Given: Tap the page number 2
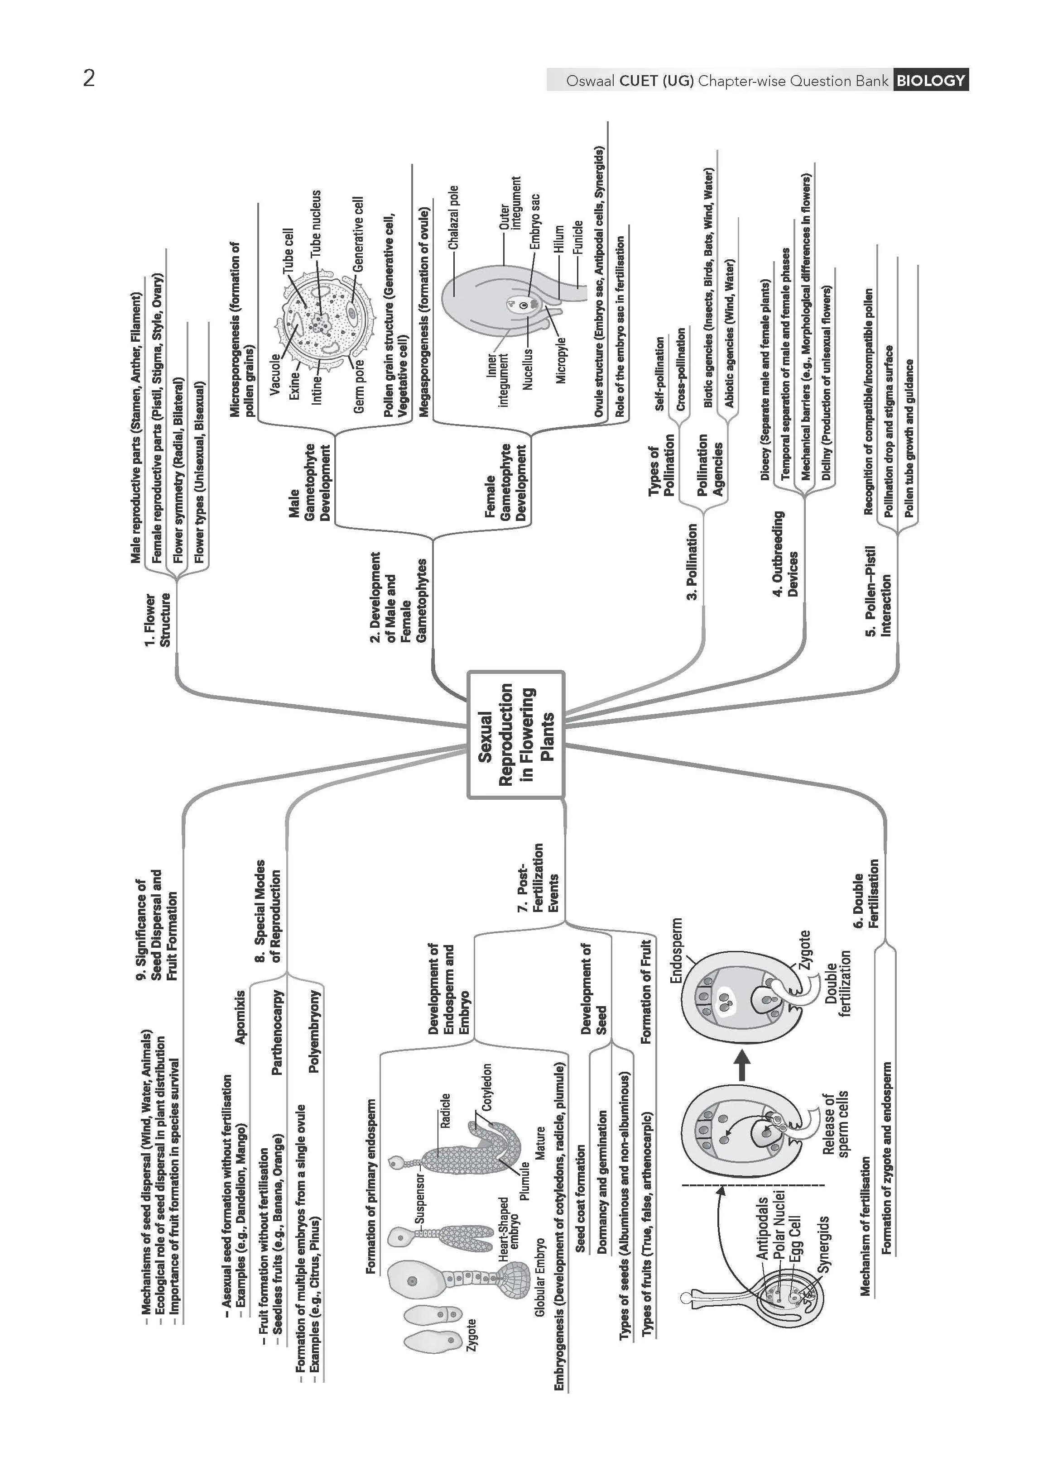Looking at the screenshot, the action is [x=89, y=78].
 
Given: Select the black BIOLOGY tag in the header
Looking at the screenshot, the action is [x=930, y=81].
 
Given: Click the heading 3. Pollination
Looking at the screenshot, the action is [x=692, y=561].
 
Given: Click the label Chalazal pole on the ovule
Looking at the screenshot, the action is [x=453, y=217].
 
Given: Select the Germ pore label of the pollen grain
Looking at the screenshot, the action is [x=359, y=386].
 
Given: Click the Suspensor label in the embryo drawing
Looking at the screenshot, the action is [x=419, y=1199].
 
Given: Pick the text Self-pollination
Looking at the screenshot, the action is [x=659, y=373].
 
